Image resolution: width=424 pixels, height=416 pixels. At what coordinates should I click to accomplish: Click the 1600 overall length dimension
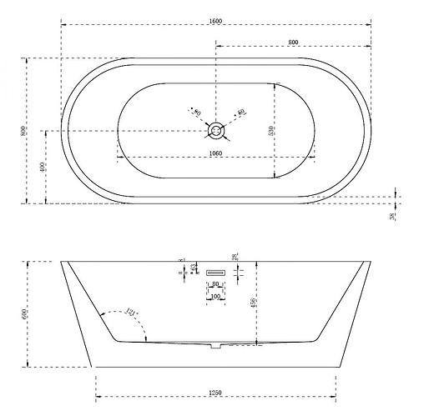click(217, 20)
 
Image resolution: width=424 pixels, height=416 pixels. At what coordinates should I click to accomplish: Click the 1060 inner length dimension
click(216, 153)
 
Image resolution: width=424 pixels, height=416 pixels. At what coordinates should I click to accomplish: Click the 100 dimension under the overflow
click(216, 297)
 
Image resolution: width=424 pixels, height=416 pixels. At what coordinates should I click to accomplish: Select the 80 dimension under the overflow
click(216, 284)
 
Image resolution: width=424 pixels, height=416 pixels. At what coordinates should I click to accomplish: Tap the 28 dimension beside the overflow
click(236, 258)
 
